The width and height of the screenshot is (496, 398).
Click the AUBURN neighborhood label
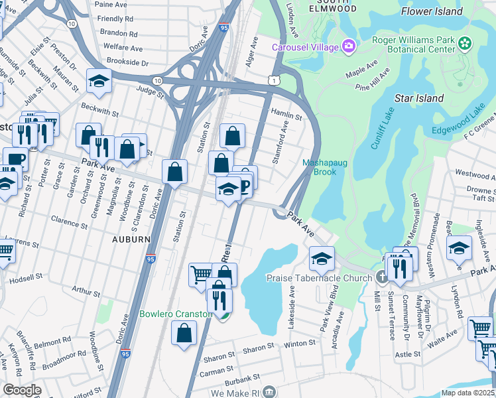pyautogui.click(x=131, y=238)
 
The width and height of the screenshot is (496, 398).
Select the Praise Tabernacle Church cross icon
pyautogui.click(x=381, y=277)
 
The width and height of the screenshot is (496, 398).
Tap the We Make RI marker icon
pyautogui.click(x=268, y=391)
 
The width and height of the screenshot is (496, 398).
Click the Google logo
pyautogui.click(x=22, y=390)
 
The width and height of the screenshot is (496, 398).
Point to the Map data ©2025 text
pyautogui.click(x=467, y=393)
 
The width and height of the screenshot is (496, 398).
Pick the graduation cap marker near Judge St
pyautogui.click(x=99, y=81)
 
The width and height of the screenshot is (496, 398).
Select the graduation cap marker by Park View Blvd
pyautogui.click(x=322, y=257)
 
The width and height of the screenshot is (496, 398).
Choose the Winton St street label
pyautogui.click(x=301, y=344)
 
